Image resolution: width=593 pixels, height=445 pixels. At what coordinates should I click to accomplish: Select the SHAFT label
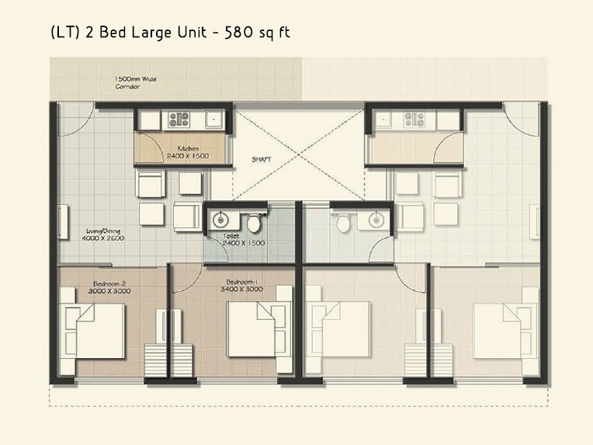click(x=260, y=161)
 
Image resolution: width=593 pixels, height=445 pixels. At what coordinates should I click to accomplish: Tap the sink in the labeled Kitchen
click(x=211, y=120)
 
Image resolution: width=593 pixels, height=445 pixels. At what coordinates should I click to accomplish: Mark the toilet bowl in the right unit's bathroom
click(x=342, y=221)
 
